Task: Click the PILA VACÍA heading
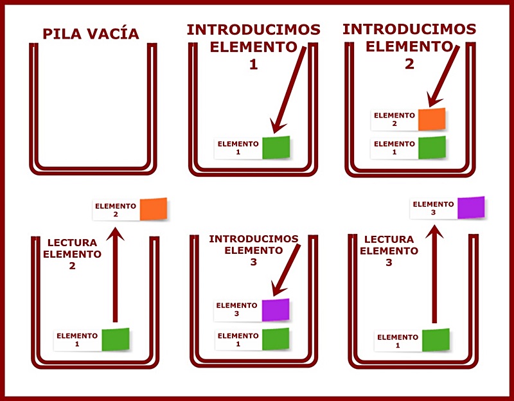click(91, 34)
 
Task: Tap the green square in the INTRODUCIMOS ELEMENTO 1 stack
click(276, 147)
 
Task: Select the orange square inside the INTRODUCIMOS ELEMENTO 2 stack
click(432, 119)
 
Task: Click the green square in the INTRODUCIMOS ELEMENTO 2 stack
click(432, 148)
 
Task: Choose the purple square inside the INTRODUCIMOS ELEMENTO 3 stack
click(276, 310)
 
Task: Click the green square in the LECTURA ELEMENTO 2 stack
click(116, 339)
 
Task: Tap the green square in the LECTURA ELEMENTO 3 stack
click(436, 340)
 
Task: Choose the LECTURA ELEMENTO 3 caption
click(389, 251)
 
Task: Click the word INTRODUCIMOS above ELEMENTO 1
click(253, 30)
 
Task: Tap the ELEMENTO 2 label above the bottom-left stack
click(116, 210)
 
